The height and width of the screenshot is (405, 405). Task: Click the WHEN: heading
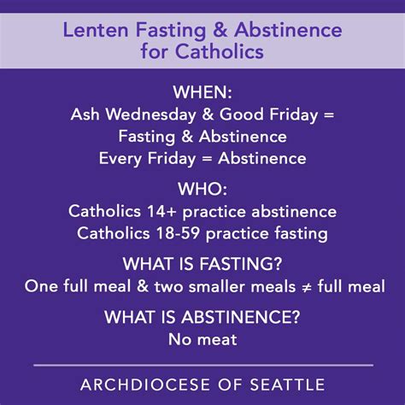pos(202,91)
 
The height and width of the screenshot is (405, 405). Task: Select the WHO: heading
pos(202,188)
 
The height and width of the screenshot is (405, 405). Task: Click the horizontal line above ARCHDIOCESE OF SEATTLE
pos(202,363)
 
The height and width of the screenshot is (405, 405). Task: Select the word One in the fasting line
pos(40,286)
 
